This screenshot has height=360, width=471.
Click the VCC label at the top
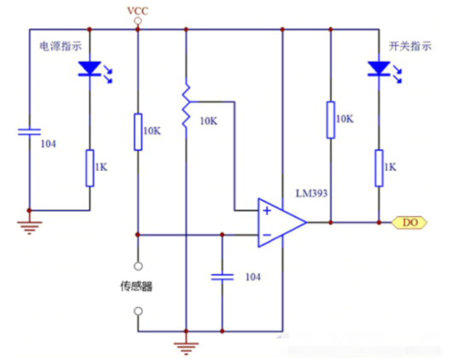[x=138, y=11]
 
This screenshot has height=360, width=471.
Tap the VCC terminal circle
[x=138, y=21]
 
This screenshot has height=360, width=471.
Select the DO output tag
[x=410, y=223]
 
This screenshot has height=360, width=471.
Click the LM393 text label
[x=312, y=193]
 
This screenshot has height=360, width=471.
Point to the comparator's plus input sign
[x=267, y=211]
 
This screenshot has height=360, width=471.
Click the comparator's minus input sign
[x=267, y=235]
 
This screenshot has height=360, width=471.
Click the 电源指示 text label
[x=61, y=46]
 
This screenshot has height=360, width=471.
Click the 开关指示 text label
[x=410, y=46]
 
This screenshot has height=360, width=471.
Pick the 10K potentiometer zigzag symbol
[x=187, y=105]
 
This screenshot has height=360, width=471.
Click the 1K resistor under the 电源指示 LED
[x=89, y=169]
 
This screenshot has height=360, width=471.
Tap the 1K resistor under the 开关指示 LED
[x=379, y=169]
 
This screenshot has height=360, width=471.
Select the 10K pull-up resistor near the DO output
[x=330, y=120]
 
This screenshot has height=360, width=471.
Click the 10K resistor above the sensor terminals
[x=138, y=132]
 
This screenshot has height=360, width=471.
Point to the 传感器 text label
[x=136, y=286]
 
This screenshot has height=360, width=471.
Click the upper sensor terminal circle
[x=138, y=266]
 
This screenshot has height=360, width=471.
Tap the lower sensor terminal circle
[x=138, y=311]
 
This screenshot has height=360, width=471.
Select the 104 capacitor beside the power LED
[x=30, y=132]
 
